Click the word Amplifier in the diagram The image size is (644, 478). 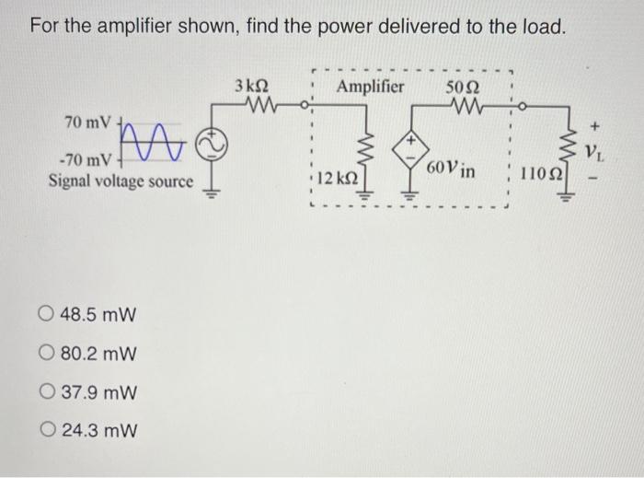click(371, 87)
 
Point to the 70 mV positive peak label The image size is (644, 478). click(87, 122)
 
